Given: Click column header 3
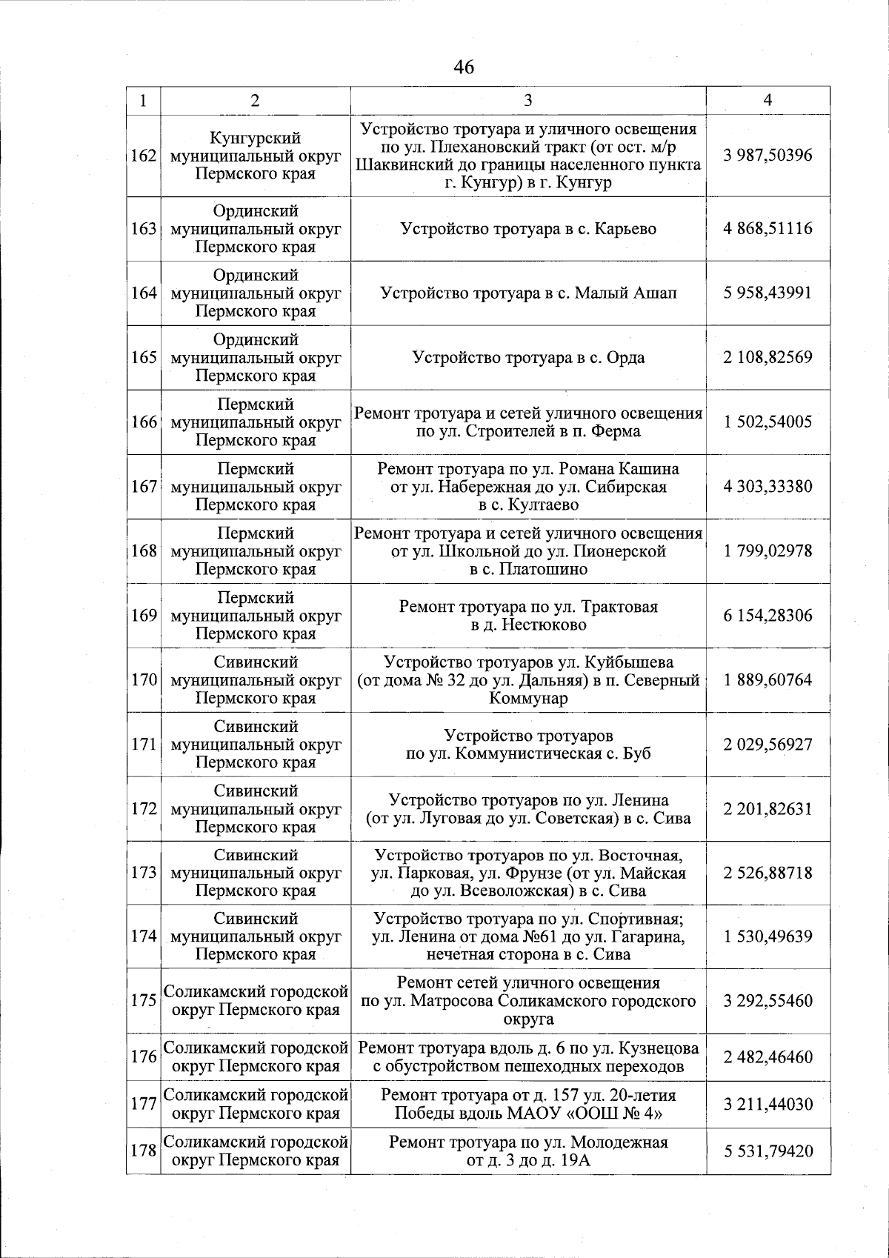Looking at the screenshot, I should tap(527, 101).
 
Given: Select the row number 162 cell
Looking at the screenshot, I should tap(143, 156).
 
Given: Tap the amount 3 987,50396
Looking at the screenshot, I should tap(768, 156).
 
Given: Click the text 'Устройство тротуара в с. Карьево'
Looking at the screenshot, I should tap(528, 229).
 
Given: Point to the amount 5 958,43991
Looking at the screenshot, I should tap(768, 293).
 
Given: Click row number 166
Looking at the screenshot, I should tap(143, 422).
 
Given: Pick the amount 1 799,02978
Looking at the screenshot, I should tap(768, 551).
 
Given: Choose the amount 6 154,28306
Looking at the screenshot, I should tap(768, 616).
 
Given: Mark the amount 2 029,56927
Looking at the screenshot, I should tap(768, 745).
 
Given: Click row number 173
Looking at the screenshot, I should tap(143, 873).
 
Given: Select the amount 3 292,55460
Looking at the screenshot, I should tap(768, 1001).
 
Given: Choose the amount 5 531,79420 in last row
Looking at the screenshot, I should tap(768, 1151).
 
